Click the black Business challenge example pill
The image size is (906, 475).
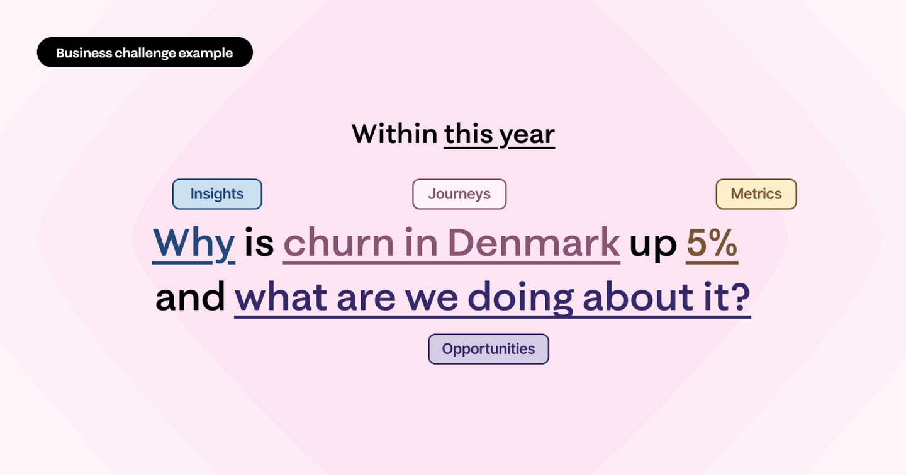click(145, 52)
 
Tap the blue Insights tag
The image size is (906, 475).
click(217, 194)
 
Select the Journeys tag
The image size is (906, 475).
click(459, 194)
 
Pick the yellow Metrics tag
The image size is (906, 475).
click(756, 194)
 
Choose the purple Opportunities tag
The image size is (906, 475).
click(489, 349)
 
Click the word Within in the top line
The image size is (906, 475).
click(394, 134)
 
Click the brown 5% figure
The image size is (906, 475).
click(712, 244)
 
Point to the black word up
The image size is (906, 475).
click(653, 247)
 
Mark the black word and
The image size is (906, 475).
click(190, 297)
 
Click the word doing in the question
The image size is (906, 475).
click(520, 299)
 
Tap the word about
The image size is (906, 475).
click(638, 297)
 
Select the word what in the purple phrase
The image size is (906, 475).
click(281, 297)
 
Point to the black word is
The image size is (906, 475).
click(259, 243)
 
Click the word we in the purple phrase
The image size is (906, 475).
click(432, 300)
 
